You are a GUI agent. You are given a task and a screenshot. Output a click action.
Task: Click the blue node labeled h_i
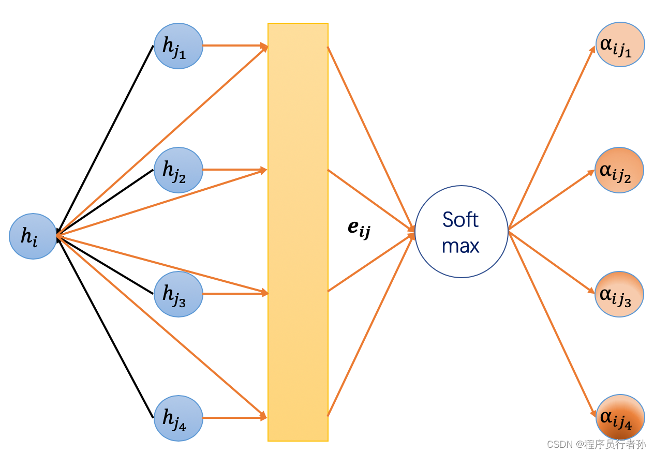point(33,236)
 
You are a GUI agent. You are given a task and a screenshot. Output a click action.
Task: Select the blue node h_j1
point(179,46)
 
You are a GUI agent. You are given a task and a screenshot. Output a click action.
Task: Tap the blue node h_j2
point(179,170)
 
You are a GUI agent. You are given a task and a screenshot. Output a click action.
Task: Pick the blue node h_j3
point(179,294)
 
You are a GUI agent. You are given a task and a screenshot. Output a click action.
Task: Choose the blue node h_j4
point(179,418)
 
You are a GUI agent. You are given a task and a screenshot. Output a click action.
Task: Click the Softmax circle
point(462,232)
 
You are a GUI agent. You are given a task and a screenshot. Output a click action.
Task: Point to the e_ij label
point(359,229)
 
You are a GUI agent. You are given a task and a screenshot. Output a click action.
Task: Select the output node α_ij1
point(620,44)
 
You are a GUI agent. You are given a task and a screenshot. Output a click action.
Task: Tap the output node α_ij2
point(619,170)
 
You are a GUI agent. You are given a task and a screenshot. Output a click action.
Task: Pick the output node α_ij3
point(619,294)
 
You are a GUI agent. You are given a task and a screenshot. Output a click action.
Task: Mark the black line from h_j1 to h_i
point(106,140)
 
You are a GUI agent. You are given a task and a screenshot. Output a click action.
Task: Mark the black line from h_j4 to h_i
point(106,327)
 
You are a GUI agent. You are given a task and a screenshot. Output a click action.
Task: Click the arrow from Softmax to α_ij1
point(552,138)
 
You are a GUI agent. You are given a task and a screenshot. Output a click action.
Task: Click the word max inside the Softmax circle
point(460,245)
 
